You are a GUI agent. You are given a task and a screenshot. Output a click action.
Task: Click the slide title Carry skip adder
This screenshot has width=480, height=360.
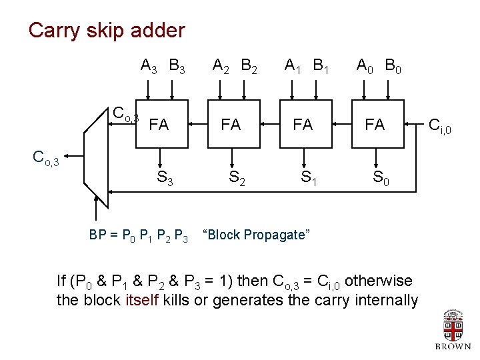pos(107,31)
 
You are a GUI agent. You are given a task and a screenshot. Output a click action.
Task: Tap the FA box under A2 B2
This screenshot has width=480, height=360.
pos(231,123)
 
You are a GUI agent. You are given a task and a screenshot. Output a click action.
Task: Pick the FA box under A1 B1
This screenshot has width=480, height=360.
pos(303,123)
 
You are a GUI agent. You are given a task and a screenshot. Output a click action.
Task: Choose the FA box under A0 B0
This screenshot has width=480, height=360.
pos(375,123)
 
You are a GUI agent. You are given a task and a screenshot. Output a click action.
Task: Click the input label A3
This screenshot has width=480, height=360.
pos(148,66)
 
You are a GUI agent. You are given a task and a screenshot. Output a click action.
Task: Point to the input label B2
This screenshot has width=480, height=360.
pos(250,66)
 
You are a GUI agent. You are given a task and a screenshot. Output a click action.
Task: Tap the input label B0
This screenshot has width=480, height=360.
pos(393,66)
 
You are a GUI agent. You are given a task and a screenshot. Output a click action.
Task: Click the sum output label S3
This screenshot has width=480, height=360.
pos(165,178)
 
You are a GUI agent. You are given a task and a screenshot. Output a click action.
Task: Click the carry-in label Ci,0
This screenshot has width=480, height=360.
pos(440,125)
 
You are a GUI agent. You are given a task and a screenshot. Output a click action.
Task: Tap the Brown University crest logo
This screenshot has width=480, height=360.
pos(453,327)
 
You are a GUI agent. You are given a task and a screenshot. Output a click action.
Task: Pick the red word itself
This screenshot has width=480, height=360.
pos(141,300)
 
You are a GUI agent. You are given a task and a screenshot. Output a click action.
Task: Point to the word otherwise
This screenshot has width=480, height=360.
pos(379,281)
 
